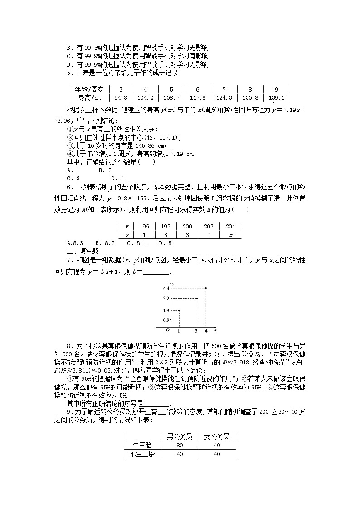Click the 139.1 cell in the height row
tap(276, 97)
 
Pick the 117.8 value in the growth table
tap(198, 97)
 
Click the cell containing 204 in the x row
tap(230, 226)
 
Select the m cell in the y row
tap(230, 234)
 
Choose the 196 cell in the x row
tap(144, 226)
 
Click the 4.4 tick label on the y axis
tap(166, 288)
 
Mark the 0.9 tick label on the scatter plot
tap(166, 320)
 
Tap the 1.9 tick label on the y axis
tap(166, 310)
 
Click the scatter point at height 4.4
tap(206, 288)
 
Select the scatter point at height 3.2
tap(197, 298)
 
